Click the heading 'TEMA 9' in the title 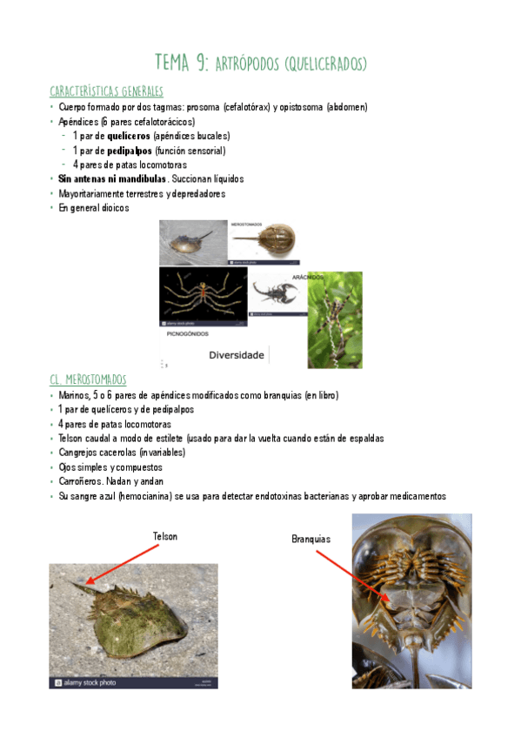tap(180, 62)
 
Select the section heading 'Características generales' tap(106, 91)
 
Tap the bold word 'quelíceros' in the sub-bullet tap(128, 136)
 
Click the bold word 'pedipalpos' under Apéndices tap(130, 151)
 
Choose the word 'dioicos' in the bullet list tap(110, 208)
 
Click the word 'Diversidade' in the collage tap(237, 355)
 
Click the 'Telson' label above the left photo tap(164, 536)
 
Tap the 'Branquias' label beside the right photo tap(311, 540)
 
